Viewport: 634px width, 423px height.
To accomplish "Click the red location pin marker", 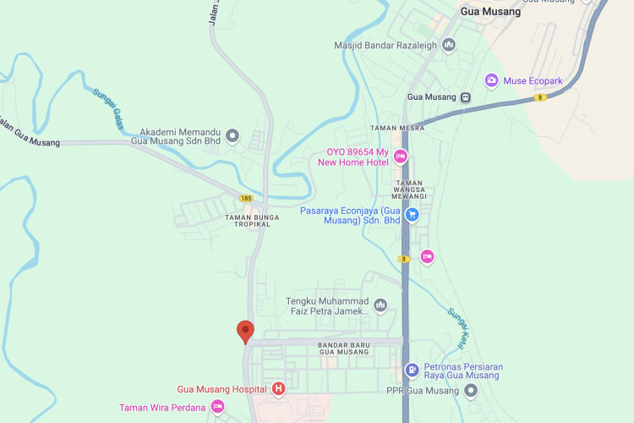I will pos(245,331).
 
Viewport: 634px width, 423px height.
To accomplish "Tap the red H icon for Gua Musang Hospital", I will pos(277,389).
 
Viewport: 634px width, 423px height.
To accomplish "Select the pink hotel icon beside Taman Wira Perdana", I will pos(217,408).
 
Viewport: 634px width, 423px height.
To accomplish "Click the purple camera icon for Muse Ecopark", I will pos(491,80).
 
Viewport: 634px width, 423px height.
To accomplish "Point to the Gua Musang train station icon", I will pos(465,96).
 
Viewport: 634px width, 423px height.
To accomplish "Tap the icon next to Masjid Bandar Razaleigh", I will pos(448,44).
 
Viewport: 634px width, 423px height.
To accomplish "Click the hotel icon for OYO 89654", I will pos(401,157).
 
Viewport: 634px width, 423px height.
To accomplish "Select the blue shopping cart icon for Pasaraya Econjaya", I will pos(413,215).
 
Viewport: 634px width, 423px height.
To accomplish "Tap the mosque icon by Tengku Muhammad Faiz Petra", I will pos(380,305).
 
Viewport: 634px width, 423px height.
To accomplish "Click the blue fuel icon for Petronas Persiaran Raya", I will pos(411,370).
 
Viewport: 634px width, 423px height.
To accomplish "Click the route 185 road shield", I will pos(246,198).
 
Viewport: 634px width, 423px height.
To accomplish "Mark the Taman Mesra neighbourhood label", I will pos(397,128).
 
